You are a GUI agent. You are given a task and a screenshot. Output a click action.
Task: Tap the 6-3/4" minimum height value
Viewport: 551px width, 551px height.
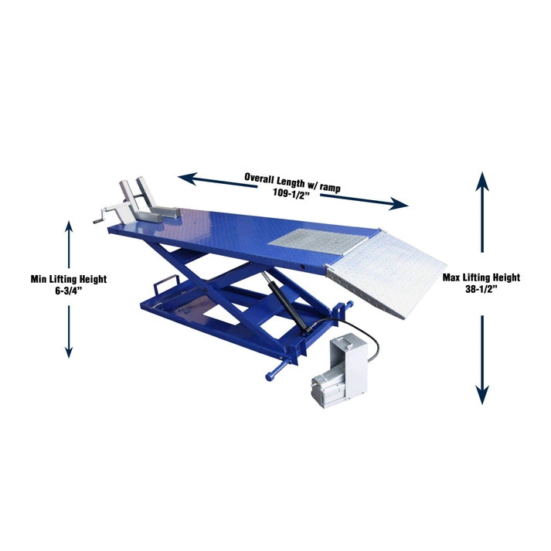click(68, 290)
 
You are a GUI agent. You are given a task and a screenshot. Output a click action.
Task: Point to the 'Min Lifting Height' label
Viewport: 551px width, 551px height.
click(68, 278)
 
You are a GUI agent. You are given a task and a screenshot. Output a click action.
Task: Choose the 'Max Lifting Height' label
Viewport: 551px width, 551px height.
click(481, 277)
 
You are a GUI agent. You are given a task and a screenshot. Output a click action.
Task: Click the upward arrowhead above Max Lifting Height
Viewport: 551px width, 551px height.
click(482, 182)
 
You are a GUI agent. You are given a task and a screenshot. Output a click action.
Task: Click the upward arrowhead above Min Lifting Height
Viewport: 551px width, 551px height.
click(69, 226)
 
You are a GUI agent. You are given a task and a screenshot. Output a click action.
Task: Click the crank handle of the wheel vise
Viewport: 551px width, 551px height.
click(100, 219)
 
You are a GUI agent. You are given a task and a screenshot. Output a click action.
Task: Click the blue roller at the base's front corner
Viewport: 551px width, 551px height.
click(272, 375)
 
